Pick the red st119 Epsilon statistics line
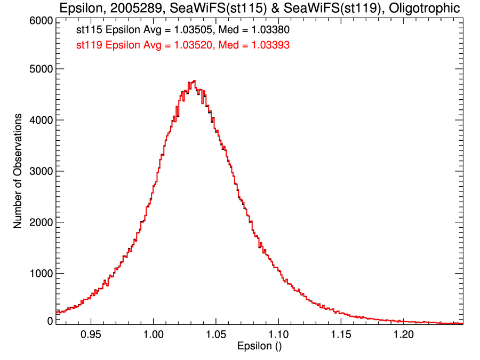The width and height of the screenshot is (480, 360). coord(183,45)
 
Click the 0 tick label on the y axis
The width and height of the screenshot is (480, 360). coord(49,321)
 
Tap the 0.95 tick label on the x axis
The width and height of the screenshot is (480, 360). coord(91,336)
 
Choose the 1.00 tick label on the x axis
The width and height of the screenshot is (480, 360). coord(153,336)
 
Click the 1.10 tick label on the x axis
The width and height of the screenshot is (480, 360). coord(278,336)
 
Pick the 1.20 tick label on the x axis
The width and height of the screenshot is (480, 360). coord(404,336)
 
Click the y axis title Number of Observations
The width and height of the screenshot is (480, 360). coord(18,171)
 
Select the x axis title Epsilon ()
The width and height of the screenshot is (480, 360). coord(259,347)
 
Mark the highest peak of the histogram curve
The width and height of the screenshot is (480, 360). coord(194,81)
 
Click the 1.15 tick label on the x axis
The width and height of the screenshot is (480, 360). coord(341,336)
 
